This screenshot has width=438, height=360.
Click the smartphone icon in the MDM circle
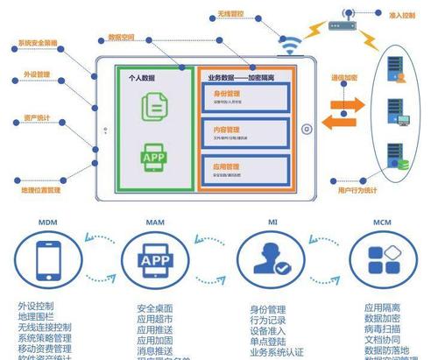(48, 260)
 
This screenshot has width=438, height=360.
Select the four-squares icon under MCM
(383, 260)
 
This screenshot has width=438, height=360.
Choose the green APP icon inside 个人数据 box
(151, 159)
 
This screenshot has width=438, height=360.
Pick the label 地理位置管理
(40, 189)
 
